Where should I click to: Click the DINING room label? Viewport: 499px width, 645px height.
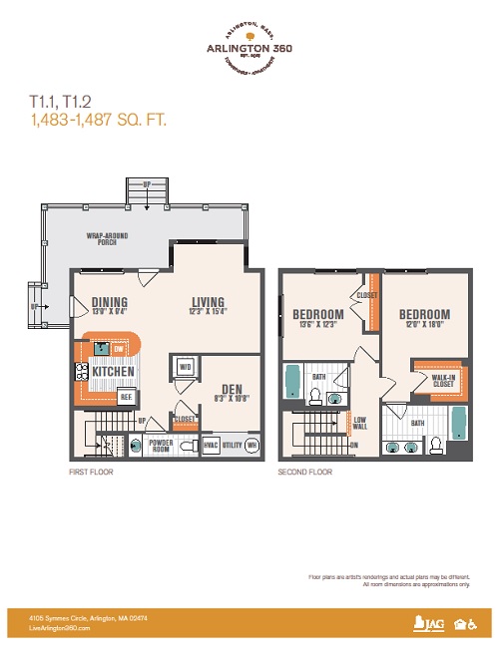(x=110, y=303)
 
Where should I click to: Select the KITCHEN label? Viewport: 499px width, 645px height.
(x=113, y=372)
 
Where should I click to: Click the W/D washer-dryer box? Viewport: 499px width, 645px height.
(x=184, y=367)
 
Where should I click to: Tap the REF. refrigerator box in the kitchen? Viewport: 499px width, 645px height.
(x=126, y=396)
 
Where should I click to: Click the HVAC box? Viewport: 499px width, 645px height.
(x=211, y=446)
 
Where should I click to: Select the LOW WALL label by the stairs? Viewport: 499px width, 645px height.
(x=359, y=424)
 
